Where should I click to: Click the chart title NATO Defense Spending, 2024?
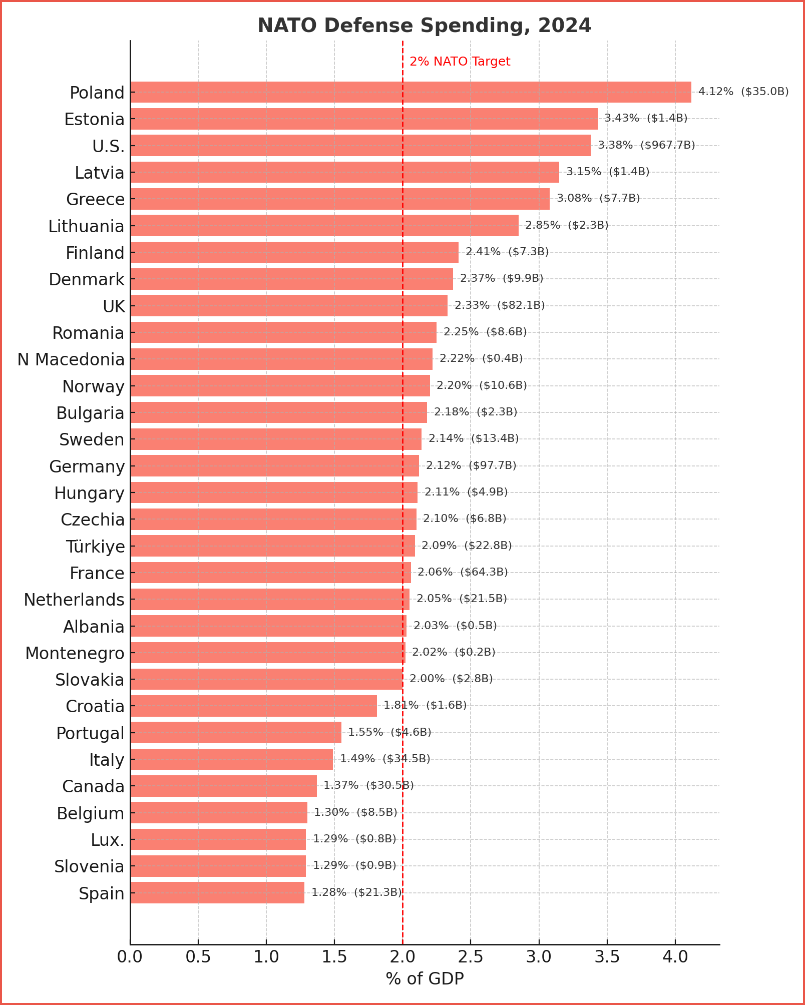[424, 26]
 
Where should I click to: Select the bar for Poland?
[411, 92]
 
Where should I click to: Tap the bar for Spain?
[217, 892]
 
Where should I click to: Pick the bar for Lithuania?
[324, 225]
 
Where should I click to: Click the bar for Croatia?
[253, 706]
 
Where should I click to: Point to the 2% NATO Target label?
[460, 62]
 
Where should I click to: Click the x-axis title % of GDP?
[425, 978]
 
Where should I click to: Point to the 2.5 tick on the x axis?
[471, 956]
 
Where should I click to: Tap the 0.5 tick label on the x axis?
[198, 956]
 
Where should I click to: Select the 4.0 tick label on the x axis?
[675, 956]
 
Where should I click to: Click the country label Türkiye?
[95, 546]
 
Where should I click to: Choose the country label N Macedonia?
[71, 359]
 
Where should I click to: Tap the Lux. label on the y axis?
[107, 840]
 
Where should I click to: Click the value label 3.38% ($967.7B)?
[646, 145]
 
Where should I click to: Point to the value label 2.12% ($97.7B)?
[471, 465]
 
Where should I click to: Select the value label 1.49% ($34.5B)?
[385, 759]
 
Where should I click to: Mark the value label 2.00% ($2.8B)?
[451, 679]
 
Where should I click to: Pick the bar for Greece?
[340, 199]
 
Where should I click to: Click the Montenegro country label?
[75, 653]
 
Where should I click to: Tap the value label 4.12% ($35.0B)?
[743, 92]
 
